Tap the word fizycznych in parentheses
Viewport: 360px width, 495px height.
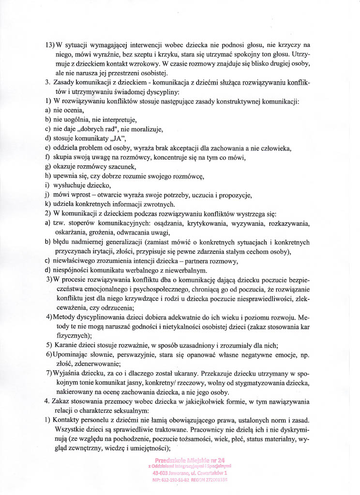click(71, 335)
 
